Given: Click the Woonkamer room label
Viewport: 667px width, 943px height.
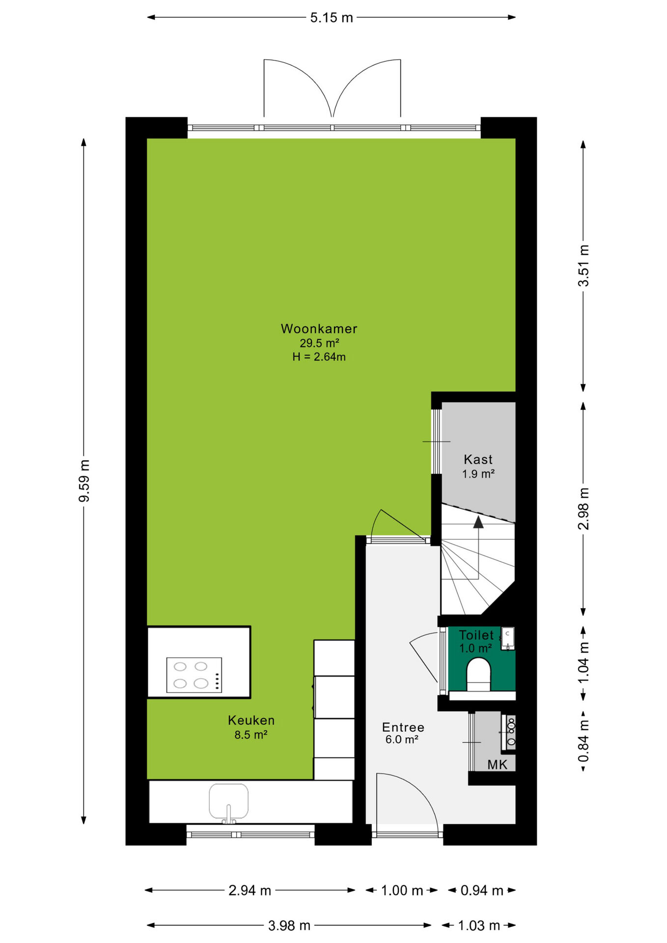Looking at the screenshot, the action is click(319, 329).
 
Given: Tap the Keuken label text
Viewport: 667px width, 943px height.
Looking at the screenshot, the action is click(251, 721).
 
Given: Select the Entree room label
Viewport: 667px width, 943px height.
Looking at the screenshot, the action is click(403, 727).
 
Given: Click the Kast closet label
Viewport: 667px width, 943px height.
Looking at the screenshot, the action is click(478, 460).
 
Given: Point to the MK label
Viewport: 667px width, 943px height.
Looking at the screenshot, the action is click(497, 764).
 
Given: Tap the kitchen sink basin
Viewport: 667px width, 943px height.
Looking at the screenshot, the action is click(228, 801).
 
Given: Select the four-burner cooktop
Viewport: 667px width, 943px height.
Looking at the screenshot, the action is click(194, 675).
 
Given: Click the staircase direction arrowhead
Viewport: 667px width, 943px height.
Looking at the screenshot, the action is click(478, 522).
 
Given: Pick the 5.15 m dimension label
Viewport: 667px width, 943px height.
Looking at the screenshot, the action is click(332, 18).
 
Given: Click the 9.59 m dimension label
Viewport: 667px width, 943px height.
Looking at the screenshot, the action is click(84, 481).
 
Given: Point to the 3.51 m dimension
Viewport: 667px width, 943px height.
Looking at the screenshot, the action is click(583, 265).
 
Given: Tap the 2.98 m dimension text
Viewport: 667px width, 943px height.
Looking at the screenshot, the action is click(583, 509).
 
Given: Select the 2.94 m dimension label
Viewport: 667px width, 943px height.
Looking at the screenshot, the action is click(250, 890).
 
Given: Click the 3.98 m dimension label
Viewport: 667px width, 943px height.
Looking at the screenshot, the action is click(289, 926).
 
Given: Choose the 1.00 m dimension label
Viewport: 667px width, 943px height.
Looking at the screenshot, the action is click(402, 890).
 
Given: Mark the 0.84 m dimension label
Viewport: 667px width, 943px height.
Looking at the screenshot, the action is click(583, 741).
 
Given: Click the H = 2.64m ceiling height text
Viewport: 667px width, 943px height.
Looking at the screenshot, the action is click(319, 357).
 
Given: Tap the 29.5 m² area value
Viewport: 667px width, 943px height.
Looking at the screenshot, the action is click(319, 343).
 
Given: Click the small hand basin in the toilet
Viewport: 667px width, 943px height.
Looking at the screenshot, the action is click(507, 638).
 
